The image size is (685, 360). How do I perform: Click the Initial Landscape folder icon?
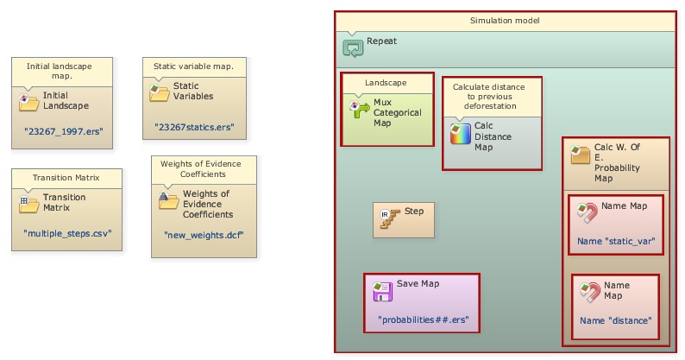(29, 101)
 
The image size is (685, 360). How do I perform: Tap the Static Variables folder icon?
(159, 92)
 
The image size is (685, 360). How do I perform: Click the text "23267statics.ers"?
(194, 128)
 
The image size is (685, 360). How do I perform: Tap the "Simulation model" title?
(505, 20)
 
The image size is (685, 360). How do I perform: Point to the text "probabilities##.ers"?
(423, 319)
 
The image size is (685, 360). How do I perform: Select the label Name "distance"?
(615, 320)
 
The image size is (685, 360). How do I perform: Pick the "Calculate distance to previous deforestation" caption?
(493, 97)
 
